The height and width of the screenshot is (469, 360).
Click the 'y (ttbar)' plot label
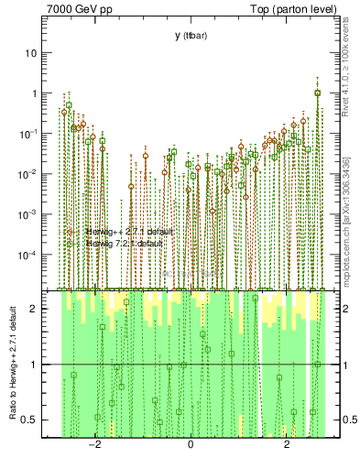(x=190, y=36)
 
